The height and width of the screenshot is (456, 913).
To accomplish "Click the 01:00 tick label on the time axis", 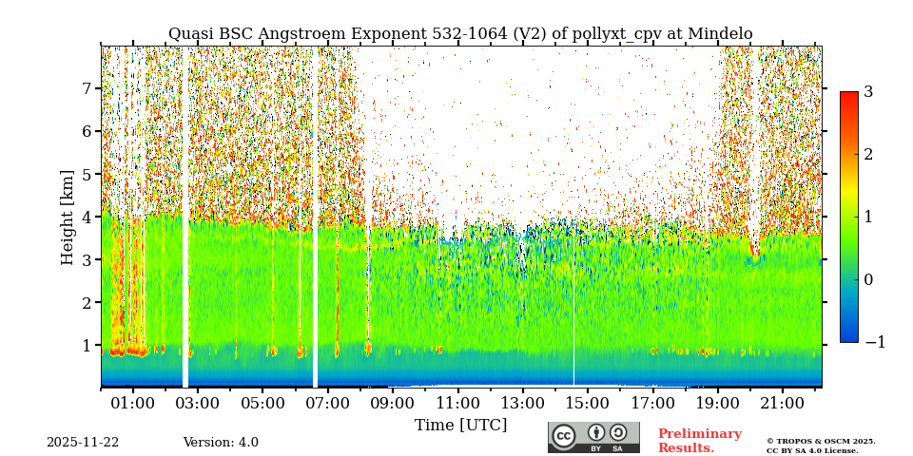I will coord(132,403).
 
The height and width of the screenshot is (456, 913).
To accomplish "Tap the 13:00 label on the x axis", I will coord(522,403).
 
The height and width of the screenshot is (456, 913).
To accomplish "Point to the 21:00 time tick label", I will coord(782,403).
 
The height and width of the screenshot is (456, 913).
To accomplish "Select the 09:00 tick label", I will coord(392,403).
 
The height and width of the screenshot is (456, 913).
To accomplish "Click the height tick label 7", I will coord(86,88).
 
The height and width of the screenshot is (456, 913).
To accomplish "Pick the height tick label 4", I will coord(86,217).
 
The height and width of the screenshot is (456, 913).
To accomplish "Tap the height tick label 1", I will coord(86,346).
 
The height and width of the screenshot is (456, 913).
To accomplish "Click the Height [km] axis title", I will coord(68,217).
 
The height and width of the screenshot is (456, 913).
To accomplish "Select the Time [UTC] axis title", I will coord(460,425).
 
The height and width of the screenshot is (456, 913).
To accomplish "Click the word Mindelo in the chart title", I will coord(714,34).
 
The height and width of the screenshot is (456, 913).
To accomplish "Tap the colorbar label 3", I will coord(868,92).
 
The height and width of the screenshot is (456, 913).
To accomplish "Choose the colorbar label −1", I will coord(874,342).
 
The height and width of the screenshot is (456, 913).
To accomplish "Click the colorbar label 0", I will coord(868,279).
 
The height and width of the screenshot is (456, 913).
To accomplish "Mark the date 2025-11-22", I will coord(83,443).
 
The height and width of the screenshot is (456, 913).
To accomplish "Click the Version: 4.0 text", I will coord(221,443).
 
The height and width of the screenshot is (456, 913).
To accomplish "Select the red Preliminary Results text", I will coord(699,441).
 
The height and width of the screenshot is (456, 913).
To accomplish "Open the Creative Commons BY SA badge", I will coord(593,437).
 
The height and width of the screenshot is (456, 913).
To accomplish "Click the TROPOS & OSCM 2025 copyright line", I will coord(821,441).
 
